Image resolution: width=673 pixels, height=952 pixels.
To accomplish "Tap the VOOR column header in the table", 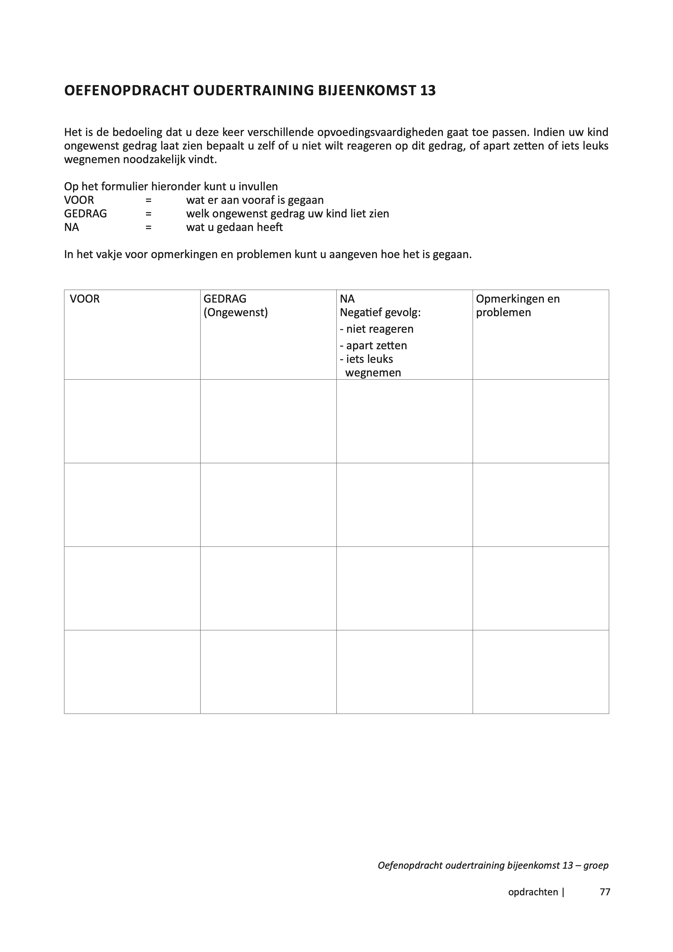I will point(85,299).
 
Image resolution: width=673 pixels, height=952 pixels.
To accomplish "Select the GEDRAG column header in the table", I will point(225,299).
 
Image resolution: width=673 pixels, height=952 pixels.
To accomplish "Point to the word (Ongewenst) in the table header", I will point(236,313).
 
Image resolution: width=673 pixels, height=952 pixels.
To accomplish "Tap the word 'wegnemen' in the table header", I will point(373,373).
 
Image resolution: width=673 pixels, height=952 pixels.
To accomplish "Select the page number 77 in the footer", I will point(605,892).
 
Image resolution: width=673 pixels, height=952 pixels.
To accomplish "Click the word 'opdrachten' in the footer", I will point(533,892).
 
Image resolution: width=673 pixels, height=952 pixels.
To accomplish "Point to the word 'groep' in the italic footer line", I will point(596,865).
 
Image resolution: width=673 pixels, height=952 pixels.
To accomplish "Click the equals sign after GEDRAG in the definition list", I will point(148,214).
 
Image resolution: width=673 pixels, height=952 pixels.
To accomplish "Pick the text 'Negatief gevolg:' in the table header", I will point(380,313).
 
